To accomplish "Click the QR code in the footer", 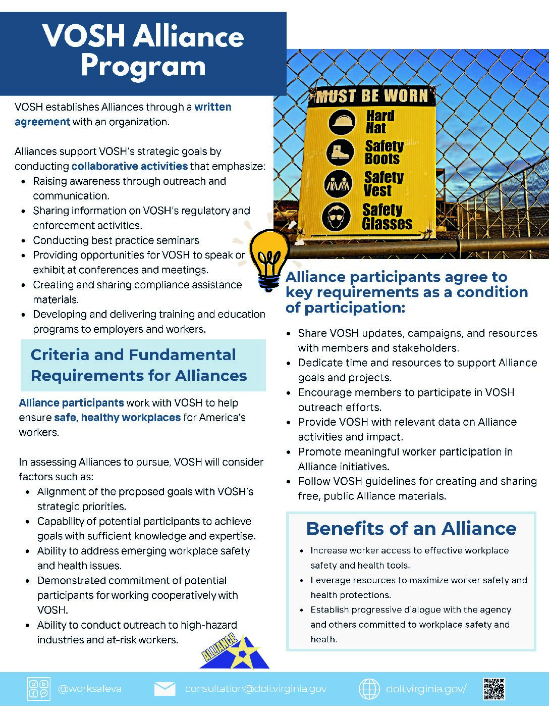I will coord(494,689).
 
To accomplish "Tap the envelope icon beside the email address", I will coord(164,689).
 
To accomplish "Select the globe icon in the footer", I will coord(369,689).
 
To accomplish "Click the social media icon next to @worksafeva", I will coord(38,689).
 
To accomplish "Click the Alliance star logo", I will coord(235,652).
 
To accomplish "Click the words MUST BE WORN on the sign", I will coord(372,96).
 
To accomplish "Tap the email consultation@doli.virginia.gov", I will coord(256,689).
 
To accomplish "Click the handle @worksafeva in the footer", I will coord(90,689).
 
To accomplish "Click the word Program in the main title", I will coord(143,66).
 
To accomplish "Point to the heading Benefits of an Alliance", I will coord(411,528).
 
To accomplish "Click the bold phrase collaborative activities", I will coord(130,166).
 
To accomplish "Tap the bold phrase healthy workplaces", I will coord(131,418).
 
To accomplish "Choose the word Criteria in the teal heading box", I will coord(60,354).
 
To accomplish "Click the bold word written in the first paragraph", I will coord(213,107).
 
